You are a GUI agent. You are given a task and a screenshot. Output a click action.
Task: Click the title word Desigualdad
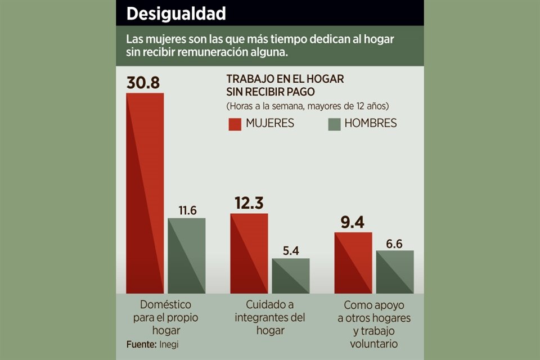tap(175, 13)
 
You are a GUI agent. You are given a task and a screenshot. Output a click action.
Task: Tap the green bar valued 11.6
tap(187, 255)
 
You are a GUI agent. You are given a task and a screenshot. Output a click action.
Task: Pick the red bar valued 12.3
tap(249, 253)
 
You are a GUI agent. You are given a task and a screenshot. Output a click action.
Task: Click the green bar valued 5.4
tap(291, 276)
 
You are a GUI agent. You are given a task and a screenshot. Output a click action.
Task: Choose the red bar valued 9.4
tap(353, 263)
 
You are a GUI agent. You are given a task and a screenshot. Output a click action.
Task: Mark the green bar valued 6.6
tap(395, 272)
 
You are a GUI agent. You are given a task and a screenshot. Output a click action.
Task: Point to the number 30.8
tap(143, 82)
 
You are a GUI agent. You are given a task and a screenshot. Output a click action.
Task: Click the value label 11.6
tap(187, 211)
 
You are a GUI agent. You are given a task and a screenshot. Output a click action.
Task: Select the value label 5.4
tap(291, 251)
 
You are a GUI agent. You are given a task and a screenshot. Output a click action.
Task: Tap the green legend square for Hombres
tap(334, 124)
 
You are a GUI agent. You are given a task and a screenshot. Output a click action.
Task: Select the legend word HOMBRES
tap(371, 124)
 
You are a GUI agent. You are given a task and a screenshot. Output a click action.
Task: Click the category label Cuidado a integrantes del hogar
tap(270, 318)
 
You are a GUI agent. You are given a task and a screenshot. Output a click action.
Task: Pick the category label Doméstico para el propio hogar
tap(165, 318)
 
